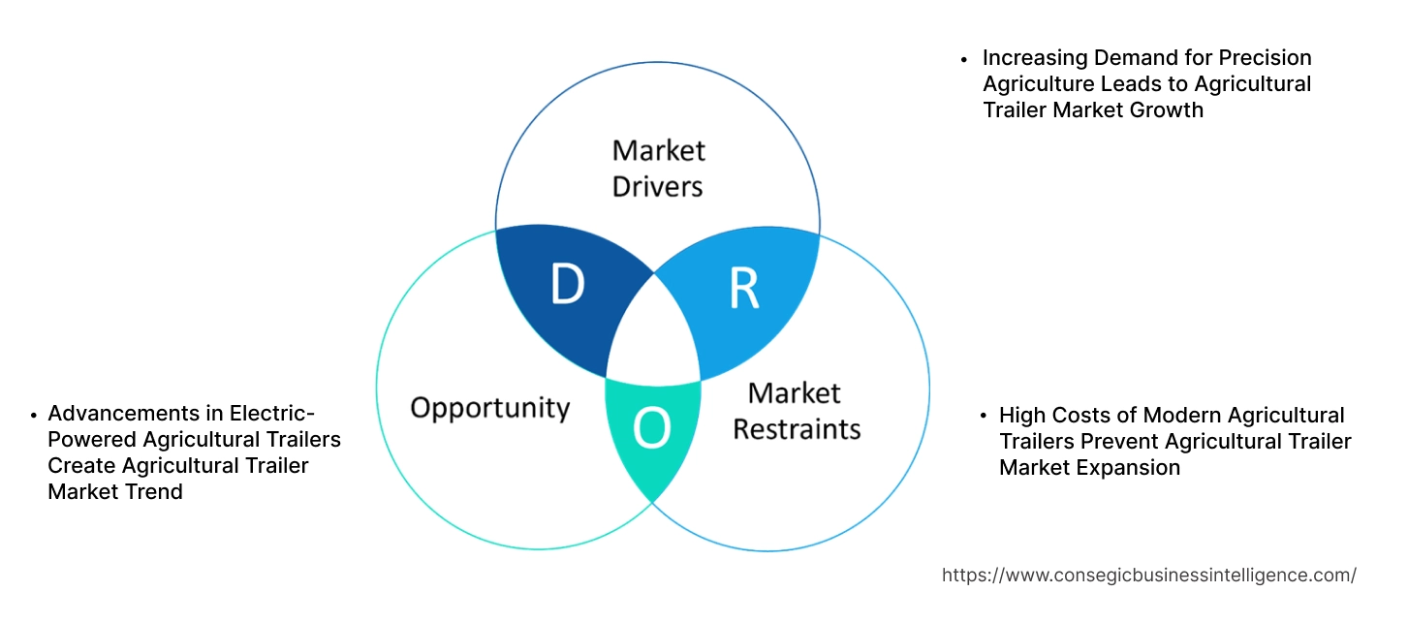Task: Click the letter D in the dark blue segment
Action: pos(567,285)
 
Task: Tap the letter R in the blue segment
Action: pos(743,287)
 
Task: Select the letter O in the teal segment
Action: pos(652,429)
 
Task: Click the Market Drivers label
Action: pos(658,168)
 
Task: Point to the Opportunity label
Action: pos(489,407)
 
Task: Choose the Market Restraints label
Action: pos(796,410)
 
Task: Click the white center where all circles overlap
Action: pos(654,334)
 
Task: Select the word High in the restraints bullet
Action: pos(1021,416)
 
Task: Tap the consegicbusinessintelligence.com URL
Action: pos(1148,575)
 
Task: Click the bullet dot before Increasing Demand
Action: pos(964,59)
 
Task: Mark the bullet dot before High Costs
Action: pos(981,417)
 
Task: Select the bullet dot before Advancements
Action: pos(33,415)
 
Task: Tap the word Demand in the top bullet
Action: pos(1135,58)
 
